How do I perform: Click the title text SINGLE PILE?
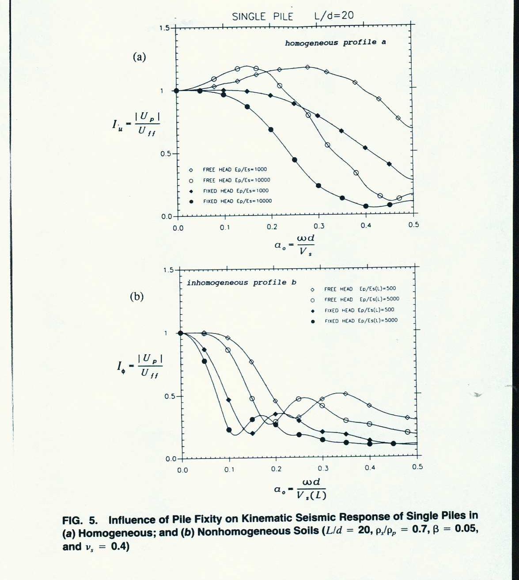coord(262,16)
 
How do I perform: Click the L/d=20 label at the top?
coord(334,15)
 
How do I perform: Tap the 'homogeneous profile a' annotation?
coord(335,43)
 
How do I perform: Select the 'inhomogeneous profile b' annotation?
coord(241,283)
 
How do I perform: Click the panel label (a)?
coord(139,57)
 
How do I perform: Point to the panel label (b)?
coord(136,297)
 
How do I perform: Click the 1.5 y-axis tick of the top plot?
coord(164,28)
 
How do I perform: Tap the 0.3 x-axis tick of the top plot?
coord(319,226)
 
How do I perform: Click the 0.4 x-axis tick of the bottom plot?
coord(370,468)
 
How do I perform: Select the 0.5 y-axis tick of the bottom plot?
coord(170,396)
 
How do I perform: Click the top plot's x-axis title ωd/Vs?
coord(295,245)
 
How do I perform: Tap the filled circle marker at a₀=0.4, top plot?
coord(366,206)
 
